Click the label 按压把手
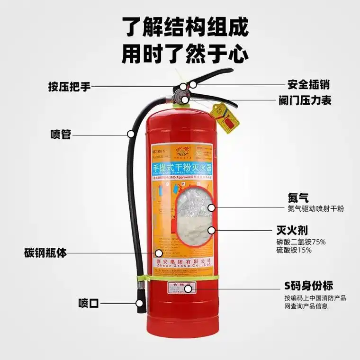pos(69,88)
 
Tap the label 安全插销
pos(308,85)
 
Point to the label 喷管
pos(61,134)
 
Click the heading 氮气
pos(298,198)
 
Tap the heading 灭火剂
pos(292,231)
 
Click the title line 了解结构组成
pos(185,27)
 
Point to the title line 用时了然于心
pos(185,53)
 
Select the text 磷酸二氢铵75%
pos(301,242)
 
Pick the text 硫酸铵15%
pos(294,250)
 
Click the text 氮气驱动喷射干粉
pos(315,209)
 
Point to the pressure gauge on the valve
pos(182,97)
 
